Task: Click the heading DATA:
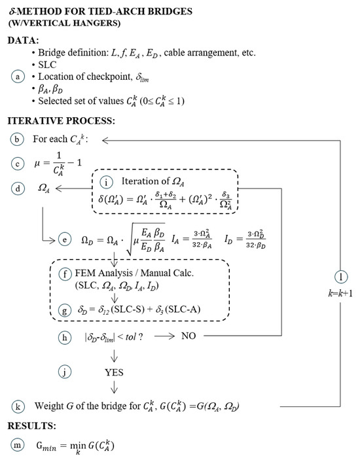tap(24, 40)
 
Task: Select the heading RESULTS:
tap(33, 426)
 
